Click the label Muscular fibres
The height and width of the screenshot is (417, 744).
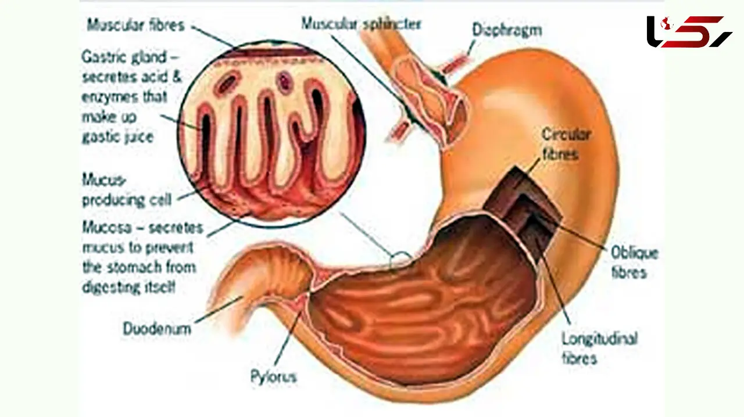pyautogui.click(x=135, y=25)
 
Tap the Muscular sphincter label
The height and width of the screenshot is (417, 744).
pyautogui.click(x=362, y=24)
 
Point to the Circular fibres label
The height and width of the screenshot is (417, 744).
pyautogui.click(x=566, y=145)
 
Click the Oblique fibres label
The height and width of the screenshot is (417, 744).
pyautogui.click(x=634, y=263)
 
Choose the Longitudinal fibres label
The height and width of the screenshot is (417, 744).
pyautogui.click(x=600, y=348)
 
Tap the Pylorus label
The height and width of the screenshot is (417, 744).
pyautogui.click(x=273, y=377)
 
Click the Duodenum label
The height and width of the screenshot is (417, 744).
pyautogui.click(x=157, y=329)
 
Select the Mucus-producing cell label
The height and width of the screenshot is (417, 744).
pyautogui.click(x=127, y=190)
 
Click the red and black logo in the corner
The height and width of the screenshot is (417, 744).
pyautogui.click(x=689, y=32)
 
